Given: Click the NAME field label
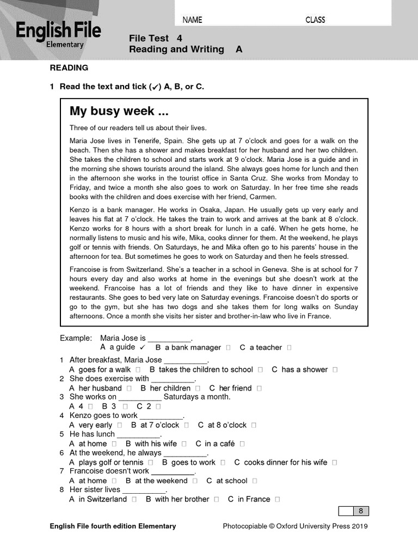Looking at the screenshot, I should click(x=192, y=20).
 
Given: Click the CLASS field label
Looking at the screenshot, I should click(x=315, y=20).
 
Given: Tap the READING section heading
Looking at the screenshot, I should click(x=69, y=68).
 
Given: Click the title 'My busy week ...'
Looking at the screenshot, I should click(x=119, y=112).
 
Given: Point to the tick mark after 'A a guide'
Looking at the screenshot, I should click(x=142, y=347).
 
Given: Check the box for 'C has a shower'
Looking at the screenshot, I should click(x=335, y=370).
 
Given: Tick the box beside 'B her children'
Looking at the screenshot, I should click(x=198, y=389).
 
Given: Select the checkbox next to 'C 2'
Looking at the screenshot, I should click(x=158, y=407).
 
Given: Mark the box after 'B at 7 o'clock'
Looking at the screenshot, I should click(x=187, y=426).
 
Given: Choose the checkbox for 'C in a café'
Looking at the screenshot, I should click(x=242, y=444).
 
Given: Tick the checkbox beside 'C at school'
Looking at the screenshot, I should click(x=255, y=481).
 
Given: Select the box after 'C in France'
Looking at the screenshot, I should click(x=278, y=500).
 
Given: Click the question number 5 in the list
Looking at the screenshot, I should click(x=62, y=434).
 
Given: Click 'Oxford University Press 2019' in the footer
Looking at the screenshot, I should click(x=322, y=526).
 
